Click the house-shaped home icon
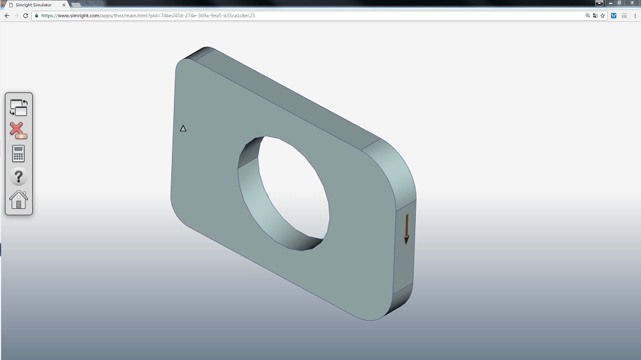click(x=19, y=199)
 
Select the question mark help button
click(x=19, y=177)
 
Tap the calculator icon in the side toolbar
click(x=19, y=153)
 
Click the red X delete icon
click(x=19, y=130)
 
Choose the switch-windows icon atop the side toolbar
click(x=19, y=107)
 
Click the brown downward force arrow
click(x=406, y=229)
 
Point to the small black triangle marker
click(x=183, y=128)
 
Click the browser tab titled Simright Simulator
click(x=33, y=5)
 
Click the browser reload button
click(x=25, y=15)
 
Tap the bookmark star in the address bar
click(x=602, y=15)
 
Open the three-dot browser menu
click(x=634, y=15)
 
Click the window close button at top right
click(x=631, y=3)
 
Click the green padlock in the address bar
click(x=37, y=15)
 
